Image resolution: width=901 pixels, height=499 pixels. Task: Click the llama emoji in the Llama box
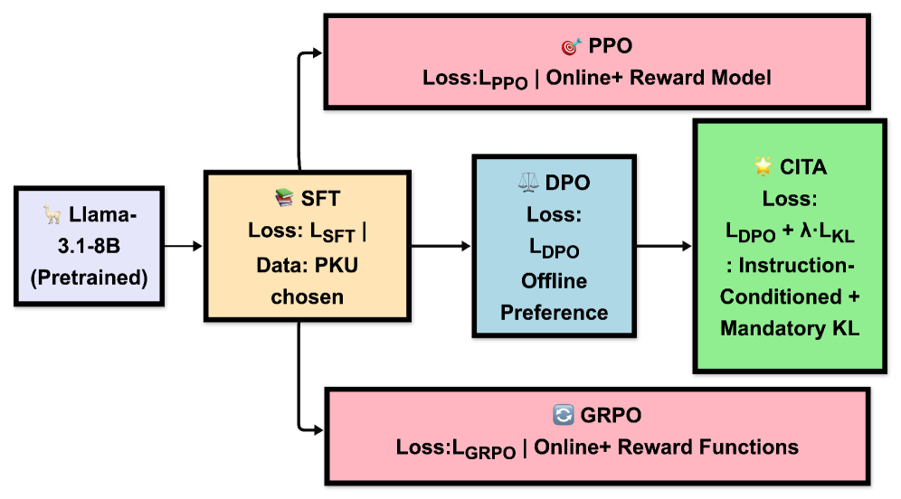pyautogui.click(x=52, y=215)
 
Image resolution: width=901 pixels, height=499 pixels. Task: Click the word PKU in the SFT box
pyautogui.click(x=339, y=263)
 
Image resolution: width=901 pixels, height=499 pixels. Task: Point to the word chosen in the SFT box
pyautogui.click(x=307, y=296)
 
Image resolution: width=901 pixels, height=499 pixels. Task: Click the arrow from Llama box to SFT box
pyautogui.click(x=184, y=245)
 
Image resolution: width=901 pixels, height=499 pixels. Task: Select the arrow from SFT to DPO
pyautogui.click(x=431, y=245)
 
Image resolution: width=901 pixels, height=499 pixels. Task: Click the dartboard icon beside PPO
pyautogui.click(x=571, y=45)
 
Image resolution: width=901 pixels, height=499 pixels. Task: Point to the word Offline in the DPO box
pyautogui.click(x=554, y=280)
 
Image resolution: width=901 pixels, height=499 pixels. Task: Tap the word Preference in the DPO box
pyautogui.click(x=554, y=313)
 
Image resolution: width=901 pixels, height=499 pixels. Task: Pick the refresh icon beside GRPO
pyautogui.click(x=563, y=415)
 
